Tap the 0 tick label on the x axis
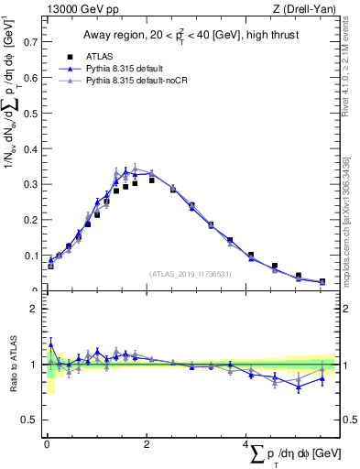[46, 443]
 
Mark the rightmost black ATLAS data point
[322, 281]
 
